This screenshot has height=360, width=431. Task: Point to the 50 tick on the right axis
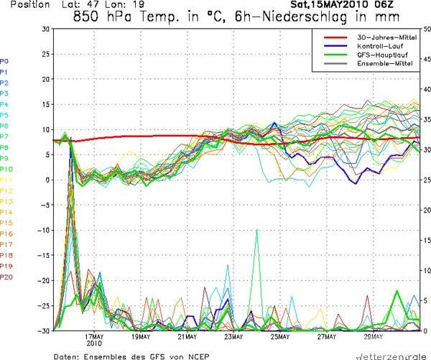click(x=427, y=29)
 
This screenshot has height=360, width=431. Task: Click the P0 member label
click(x=5, y=61)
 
